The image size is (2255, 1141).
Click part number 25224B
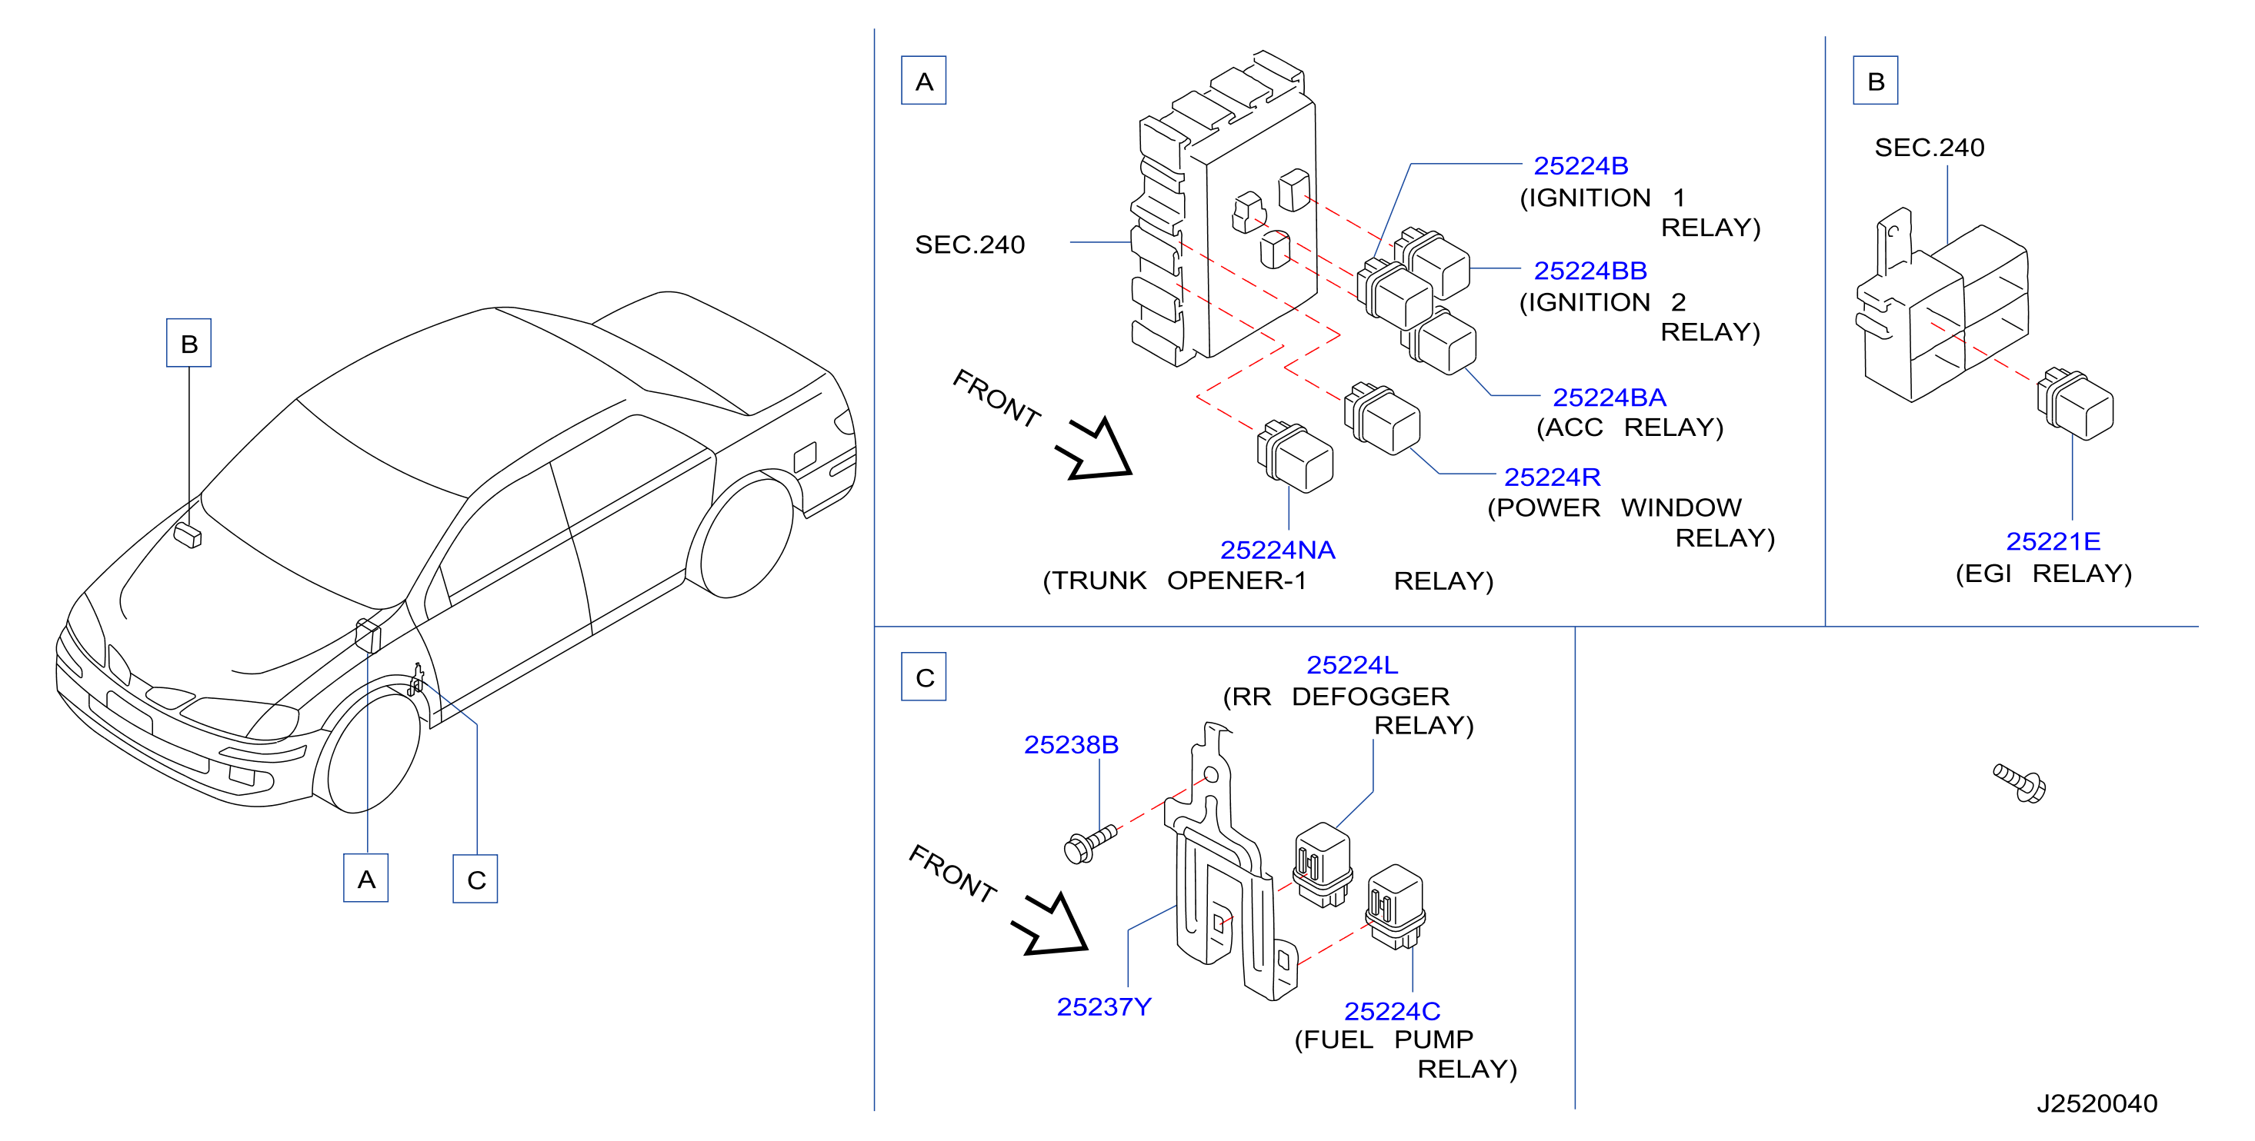[x=1580, y=165]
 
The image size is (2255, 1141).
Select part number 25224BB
[x=1590, y=271]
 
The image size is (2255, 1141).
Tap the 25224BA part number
[x=1609, y=398]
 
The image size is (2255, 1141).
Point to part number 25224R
[x=1552, y=477]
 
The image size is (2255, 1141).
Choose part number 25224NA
[x=1277, y=550]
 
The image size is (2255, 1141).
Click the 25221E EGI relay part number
[x=2053, y=541]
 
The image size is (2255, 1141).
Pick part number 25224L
[x=1352, y=665]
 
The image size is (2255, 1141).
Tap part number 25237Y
[x=1103, y=1007]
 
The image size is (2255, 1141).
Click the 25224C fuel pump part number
[x=1392, y=1012]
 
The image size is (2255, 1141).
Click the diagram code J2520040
[x=2097, y=1103]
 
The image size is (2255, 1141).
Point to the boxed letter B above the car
[x=189, y=343]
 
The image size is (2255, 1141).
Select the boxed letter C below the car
[x=475, y=880]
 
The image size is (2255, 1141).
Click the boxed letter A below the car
[x=366, y=879]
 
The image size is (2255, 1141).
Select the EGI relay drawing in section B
[x=2076, y=404]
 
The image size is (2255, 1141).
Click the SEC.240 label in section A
[x=969, y=244]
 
